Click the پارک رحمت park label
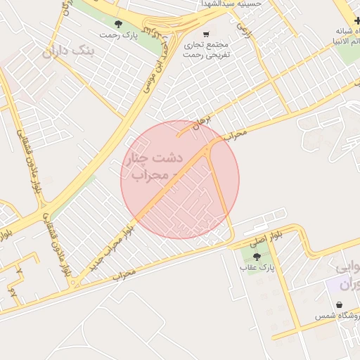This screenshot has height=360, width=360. tap(117, 35)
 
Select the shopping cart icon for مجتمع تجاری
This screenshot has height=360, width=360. tap(206, 34)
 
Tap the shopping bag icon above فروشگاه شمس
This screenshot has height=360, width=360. tap(340, 305)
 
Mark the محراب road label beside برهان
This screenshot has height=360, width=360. tap(238, 133)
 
